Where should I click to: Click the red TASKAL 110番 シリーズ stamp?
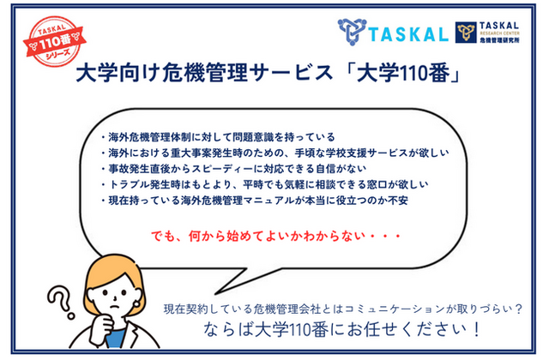point(55,41)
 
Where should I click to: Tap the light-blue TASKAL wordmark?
point(408,34)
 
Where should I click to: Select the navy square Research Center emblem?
point(466,33)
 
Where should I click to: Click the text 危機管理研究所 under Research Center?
point(499,40)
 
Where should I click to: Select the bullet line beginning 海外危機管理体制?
point(218,137)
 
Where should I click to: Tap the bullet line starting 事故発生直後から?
point(233,169)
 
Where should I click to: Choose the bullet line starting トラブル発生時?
point(265,184)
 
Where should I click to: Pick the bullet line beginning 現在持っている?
point(255,201)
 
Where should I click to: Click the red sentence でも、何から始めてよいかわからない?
point(276,237)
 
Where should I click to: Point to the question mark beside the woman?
point(61,301)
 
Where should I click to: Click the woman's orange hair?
point(109,276)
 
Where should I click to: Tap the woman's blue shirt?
point(117,337)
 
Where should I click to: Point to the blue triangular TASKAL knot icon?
point(352,32)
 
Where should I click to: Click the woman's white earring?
point(136,303)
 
